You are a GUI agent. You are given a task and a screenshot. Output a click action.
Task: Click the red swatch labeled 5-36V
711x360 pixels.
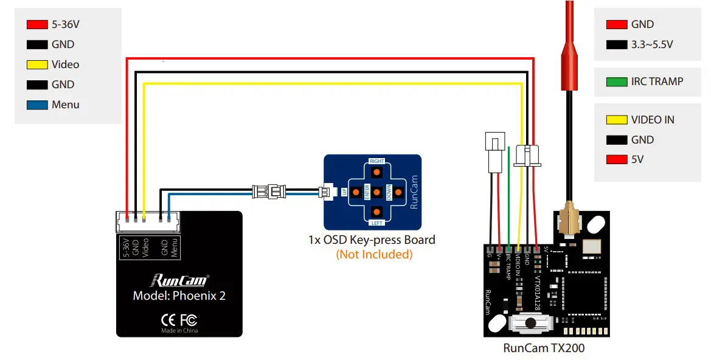click(36, 25)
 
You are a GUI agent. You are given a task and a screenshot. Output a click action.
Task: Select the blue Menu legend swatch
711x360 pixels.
click(36, 105)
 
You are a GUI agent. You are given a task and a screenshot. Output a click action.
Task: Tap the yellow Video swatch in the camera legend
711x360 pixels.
click(36, 64)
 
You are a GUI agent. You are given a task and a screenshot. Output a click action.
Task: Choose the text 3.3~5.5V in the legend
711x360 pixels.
click(651, 44)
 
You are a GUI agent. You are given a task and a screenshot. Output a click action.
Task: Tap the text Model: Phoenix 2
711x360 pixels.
click(179, 296)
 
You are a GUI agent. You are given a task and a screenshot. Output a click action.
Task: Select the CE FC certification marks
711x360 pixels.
click(179, 320)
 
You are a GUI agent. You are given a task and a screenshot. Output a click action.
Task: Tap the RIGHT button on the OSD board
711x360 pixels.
click(376, 171)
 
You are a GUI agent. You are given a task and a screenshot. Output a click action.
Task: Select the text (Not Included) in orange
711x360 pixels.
click(374, 254)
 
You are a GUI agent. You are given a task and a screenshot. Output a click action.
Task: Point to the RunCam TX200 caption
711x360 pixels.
click(544, 348)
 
